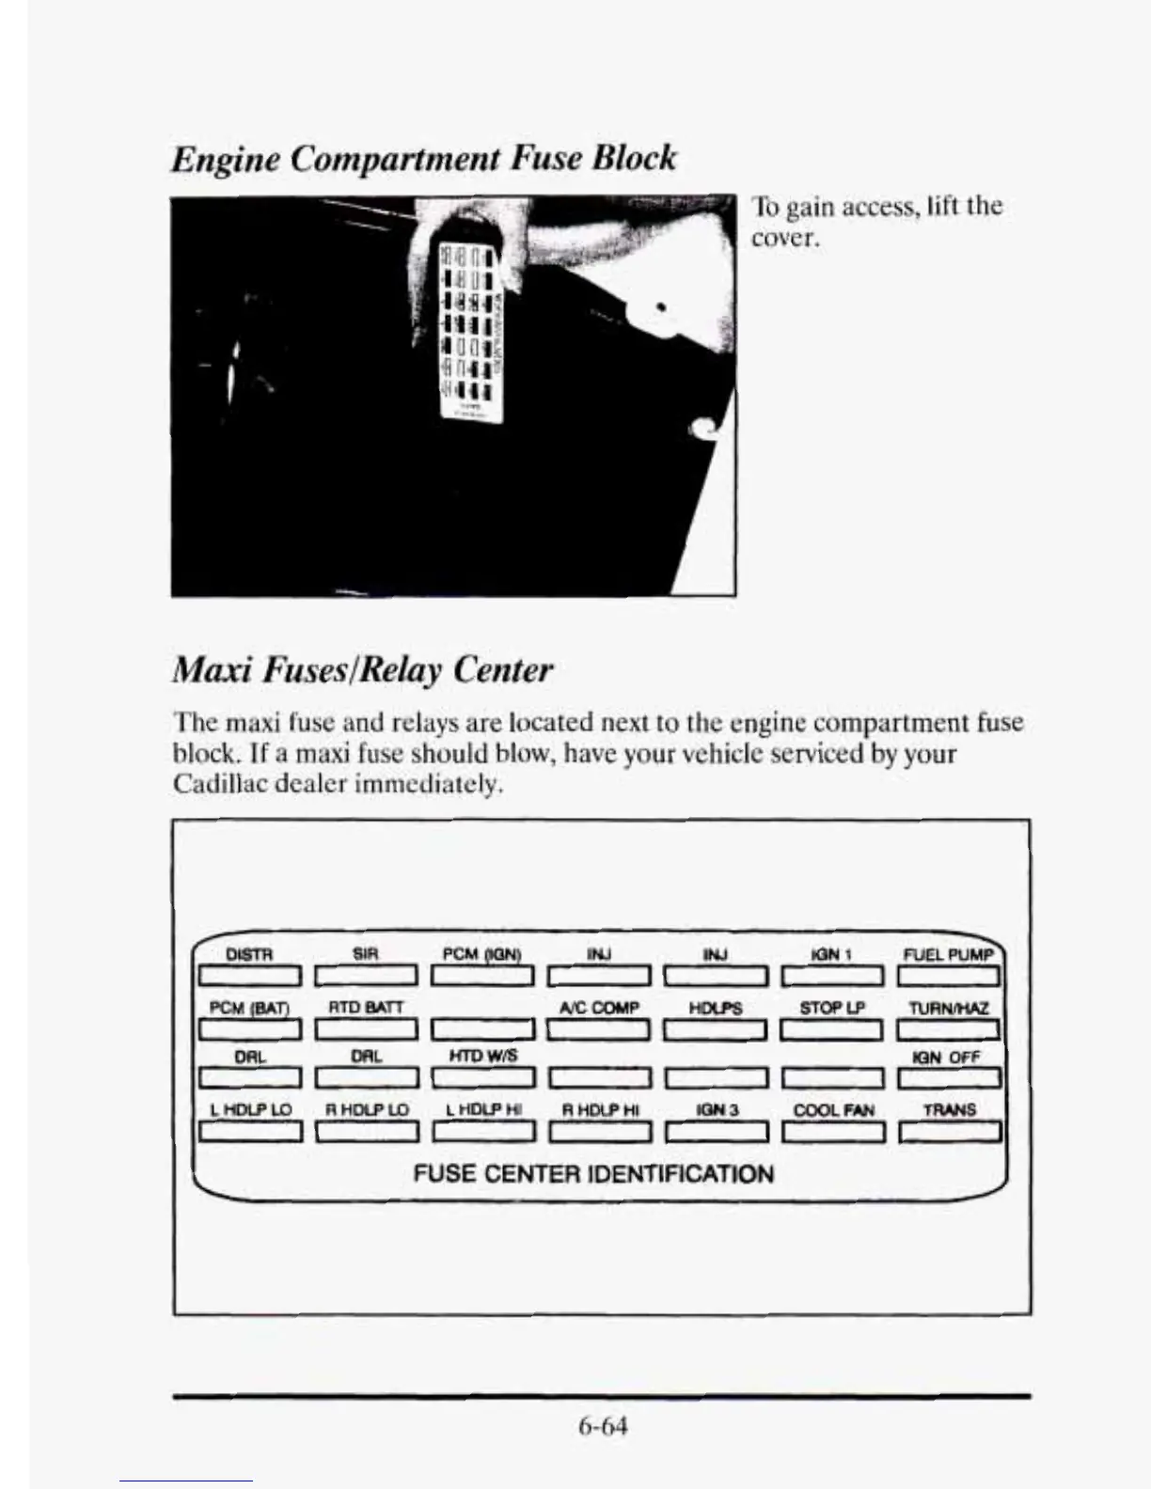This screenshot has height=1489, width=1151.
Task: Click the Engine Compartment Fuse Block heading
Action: coord(423,157)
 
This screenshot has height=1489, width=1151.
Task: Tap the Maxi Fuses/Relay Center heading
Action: coord(363,670)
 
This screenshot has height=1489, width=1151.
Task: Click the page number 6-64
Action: coord(603,1425)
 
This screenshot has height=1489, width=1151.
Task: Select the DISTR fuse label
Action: coord(250,955)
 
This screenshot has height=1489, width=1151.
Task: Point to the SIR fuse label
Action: coord(365,954)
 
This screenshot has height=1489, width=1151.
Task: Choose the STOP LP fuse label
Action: coord(832,1008)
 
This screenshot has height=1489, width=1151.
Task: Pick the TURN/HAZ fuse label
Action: coord(949,1008)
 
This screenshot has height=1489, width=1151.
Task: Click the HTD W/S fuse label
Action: coord(482,1057)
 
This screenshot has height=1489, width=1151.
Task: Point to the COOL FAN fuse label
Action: coord(833,1109)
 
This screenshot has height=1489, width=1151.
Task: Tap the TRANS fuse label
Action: coord(950,1109)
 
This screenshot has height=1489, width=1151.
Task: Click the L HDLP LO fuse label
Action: coord(250,1109)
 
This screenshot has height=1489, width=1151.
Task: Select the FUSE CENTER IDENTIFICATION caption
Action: coord(593,1173)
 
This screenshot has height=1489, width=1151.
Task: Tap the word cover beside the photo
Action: coord(785,238)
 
